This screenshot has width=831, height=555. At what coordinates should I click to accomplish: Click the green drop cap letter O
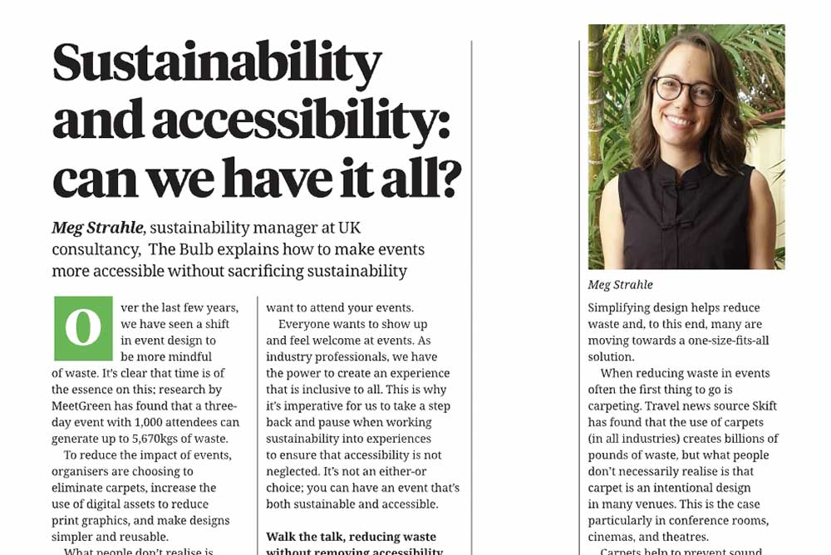82,327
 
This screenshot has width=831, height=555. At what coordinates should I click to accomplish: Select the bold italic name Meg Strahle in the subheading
97,228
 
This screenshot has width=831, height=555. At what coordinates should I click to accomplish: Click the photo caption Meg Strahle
621,285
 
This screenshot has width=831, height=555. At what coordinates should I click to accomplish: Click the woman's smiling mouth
680,120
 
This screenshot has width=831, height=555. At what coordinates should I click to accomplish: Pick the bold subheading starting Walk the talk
351,537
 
